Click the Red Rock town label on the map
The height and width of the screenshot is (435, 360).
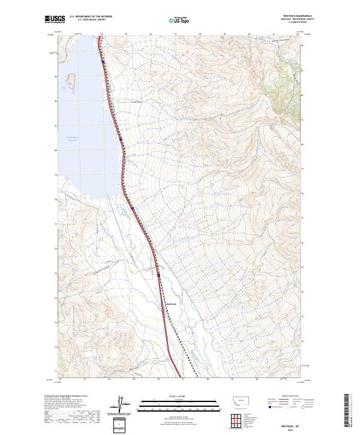click(170, 304)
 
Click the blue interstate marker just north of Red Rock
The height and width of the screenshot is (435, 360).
click(159, 275)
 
